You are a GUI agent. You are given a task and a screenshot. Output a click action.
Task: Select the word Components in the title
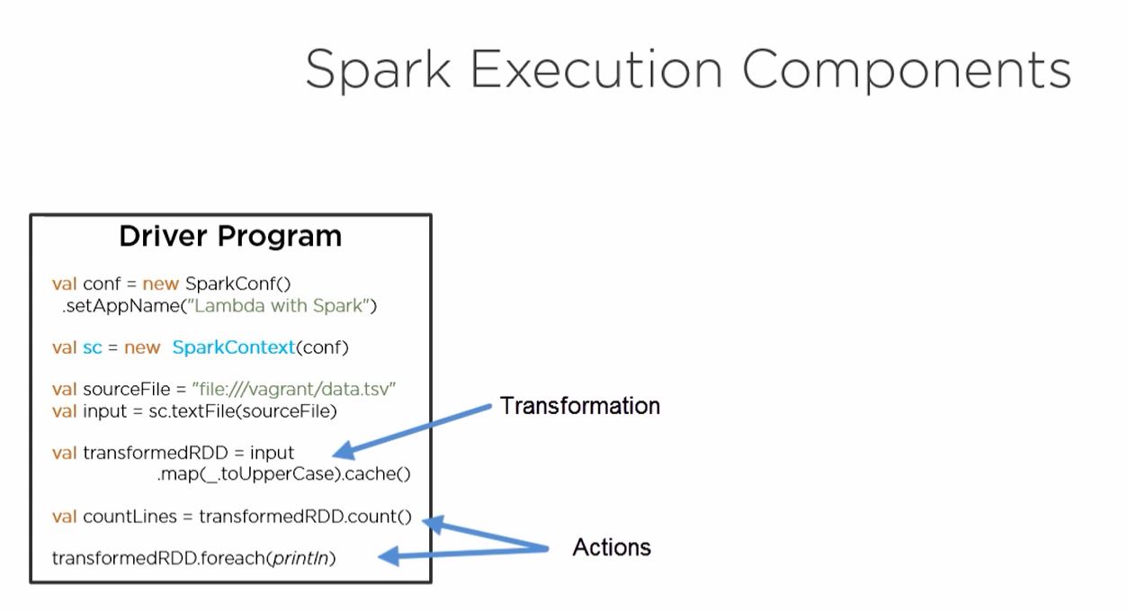[906, 69]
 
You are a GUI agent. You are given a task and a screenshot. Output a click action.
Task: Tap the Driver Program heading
[230, 237]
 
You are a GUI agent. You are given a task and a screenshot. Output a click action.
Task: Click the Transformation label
[579, 406]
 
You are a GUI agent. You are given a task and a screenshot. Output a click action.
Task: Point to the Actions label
[612, 547]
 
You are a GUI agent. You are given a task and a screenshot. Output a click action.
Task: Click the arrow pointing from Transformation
[414, 431]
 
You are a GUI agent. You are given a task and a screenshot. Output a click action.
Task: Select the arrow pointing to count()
[486, 534]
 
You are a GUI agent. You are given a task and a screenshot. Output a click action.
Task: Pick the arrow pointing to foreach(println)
[463, 553]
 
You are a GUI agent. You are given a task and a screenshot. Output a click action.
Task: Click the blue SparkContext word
[233, 347]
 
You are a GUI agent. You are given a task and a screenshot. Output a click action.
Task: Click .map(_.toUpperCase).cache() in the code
[283, 473]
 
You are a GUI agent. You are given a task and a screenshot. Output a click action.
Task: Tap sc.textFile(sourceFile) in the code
[242, 411]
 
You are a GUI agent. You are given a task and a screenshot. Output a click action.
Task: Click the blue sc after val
[93, 347]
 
